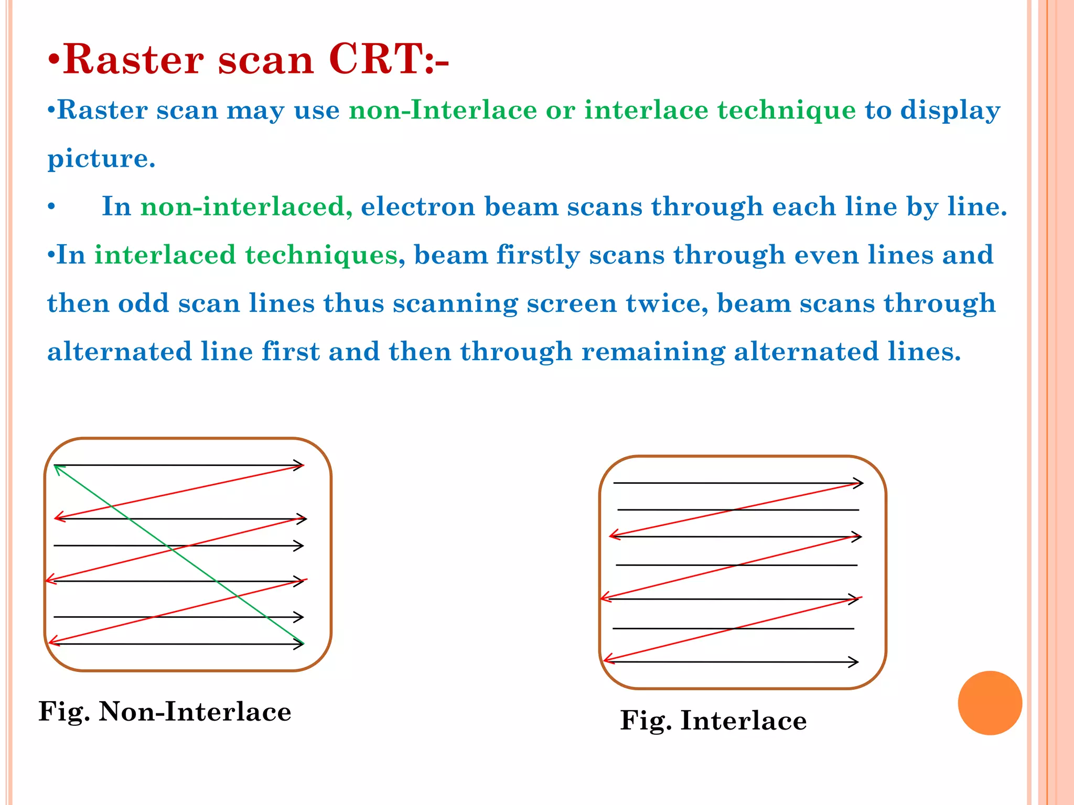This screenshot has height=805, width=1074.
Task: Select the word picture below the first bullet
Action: (101, 159)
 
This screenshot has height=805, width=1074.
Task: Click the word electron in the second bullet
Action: (418, 206)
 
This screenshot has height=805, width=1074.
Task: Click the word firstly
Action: (538, 255)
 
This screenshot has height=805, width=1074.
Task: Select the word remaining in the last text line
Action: (653, 352)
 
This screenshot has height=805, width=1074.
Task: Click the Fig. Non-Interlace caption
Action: (165, 712)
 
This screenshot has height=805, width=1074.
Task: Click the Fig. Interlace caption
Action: (713, 720)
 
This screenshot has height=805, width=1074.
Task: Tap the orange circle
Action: (990, 703)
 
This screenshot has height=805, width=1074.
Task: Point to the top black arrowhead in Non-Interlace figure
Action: (299, 465)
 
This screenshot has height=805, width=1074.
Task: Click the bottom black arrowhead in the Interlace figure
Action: (854, 662)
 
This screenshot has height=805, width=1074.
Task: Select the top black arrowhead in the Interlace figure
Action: (859, 483)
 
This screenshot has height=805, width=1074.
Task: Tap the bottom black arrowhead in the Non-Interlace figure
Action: (299, 644)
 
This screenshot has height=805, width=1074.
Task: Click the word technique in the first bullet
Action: (787, 110)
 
